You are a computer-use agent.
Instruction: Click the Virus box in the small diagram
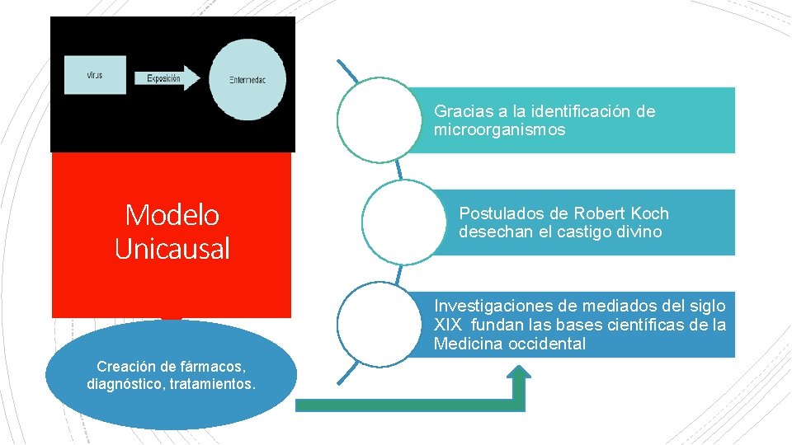pyautogui.click(x=97, y=75)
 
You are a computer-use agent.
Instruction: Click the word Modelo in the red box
pyautogui.click(x=172, y=215)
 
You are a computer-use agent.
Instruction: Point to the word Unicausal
pyautogui.click(x=172, y=248)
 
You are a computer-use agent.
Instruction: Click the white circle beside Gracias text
pyautogui.click(x=375, y=119)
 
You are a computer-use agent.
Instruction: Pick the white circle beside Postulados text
pyautogui.click(x=399, y=221)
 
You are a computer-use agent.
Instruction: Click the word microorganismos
pyautogui.click(x=499, y=130)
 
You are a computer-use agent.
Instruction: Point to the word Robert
pyautogui.click(x=599, y=213)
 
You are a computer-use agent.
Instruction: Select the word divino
pyautogui.click(x=639, y=232)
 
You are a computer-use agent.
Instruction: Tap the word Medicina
pyautogui.click(x=467, y=344)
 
